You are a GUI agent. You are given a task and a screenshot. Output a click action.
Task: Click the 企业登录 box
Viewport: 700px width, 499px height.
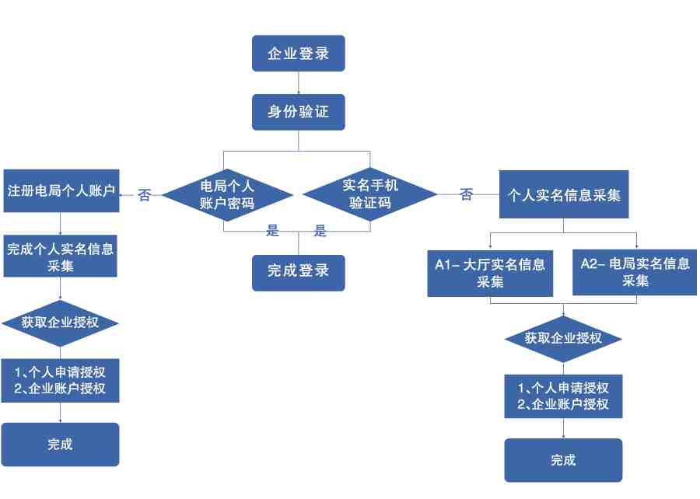pos(298,54)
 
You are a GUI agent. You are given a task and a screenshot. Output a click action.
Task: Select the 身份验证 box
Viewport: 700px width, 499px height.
pos(298,112)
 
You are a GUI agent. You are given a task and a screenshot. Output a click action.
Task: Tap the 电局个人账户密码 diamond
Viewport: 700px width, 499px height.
pos(227,195)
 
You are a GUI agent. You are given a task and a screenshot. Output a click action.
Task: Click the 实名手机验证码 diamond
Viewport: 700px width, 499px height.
pos(370,194)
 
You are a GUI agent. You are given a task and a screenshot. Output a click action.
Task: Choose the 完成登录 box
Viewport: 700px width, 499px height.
pos(298,273)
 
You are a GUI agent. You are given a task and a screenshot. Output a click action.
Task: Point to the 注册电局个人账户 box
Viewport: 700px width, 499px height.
pos(61,191)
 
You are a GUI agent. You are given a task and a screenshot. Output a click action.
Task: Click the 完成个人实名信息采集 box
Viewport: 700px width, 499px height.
pos(60,256)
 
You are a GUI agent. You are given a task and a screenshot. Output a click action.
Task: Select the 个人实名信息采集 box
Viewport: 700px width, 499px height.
pos(564,194)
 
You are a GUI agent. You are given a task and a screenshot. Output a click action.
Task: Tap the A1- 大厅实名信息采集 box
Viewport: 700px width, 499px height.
pos(490,274)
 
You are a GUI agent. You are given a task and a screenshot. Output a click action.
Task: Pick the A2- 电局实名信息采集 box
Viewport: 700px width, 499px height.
pos(635,273)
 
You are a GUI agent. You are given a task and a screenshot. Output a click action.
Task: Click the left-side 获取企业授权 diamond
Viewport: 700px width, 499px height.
pos(60,323)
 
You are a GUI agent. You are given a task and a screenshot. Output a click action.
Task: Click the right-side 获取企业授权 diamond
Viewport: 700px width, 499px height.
pos(563,339)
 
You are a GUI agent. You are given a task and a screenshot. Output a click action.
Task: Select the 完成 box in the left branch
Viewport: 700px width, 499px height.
pos(60,445)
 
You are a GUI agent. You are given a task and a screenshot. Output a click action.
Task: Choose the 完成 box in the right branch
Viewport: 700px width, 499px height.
pos(563,460)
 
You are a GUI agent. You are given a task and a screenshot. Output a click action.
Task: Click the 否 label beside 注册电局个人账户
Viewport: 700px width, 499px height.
pos(144,195)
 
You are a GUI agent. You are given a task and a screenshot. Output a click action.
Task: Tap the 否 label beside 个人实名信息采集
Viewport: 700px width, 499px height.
pos(466,194)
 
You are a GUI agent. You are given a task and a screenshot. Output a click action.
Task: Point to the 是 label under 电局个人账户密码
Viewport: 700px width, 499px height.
pos(272,231)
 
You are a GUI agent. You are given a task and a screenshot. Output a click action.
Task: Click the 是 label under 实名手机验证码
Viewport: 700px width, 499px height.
pos(320,231)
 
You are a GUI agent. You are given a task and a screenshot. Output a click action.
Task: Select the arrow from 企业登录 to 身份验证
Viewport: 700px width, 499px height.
pos(298,82)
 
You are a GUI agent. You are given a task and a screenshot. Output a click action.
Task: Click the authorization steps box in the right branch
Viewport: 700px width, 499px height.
pos(563,396)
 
